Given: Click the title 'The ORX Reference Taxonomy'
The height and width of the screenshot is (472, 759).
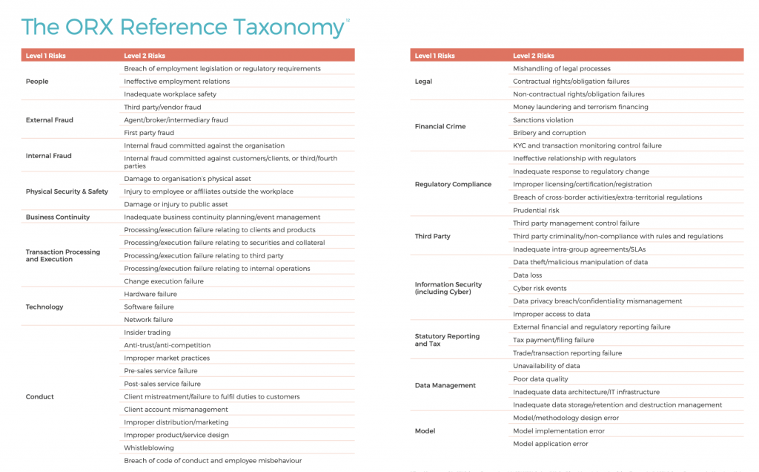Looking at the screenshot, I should coord(182,27).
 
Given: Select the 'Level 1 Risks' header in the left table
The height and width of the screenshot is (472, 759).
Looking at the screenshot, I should coord(46,56).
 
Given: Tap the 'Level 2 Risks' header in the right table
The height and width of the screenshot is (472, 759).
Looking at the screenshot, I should coord(533,56).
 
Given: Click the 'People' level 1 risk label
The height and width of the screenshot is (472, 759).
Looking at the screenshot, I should coord(37,82).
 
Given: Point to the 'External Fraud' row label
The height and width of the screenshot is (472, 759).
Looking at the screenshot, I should coord(50,120).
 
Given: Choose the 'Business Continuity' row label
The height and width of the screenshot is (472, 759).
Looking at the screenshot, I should coord(58,217).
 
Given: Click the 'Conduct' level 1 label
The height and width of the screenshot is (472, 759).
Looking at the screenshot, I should coord(40,397).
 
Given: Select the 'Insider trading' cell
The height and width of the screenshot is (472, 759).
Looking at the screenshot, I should coord(147,332).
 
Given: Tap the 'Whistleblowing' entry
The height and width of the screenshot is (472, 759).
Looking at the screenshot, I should coord(149,448).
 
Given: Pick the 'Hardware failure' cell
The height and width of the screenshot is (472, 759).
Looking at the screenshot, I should coord(150,294).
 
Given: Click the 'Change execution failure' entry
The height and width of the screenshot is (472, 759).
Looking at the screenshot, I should coord(164,281).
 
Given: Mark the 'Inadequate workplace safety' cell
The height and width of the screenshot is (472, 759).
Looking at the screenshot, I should coord(170,94).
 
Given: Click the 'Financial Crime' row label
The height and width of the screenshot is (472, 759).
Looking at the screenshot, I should coord(440,127).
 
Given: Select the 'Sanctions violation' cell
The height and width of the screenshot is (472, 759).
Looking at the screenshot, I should coord(543,120).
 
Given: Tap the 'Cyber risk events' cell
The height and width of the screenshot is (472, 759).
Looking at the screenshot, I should coord(540,288).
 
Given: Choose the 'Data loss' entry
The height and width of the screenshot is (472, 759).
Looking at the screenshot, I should coord(527,275).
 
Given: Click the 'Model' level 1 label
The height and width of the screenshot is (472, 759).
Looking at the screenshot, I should coord(425,431).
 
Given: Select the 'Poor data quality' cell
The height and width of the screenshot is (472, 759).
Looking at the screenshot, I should coord(540,378).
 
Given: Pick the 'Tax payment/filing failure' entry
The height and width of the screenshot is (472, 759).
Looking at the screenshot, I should coord(553,340).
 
